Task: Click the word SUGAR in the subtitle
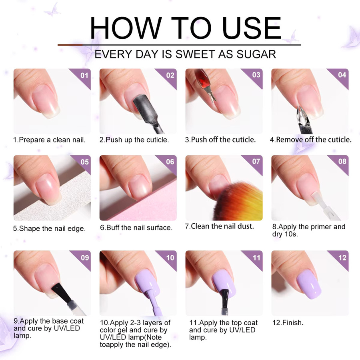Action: (x=256, y=54)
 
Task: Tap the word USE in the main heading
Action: (x=252, y=28)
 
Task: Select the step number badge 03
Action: (x=256, y=75)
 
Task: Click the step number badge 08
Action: (x=342, y=162)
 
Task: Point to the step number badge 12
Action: (x=342, y=258)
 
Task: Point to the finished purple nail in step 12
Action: (x=309, y=284)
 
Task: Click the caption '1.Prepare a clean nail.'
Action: (x=49, y=140)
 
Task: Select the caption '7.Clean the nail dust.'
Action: (x=220, y=226)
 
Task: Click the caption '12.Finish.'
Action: (x=288, y=323)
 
